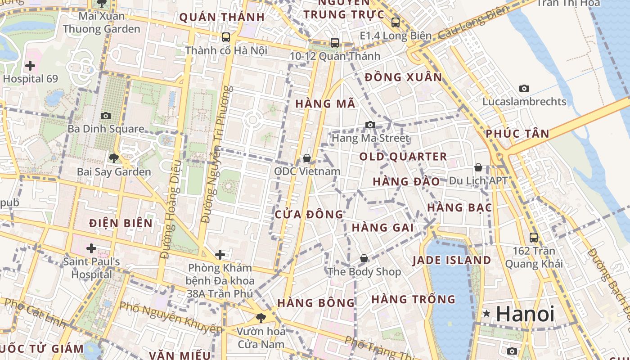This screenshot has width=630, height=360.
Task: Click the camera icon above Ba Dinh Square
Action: [x=106, y=116]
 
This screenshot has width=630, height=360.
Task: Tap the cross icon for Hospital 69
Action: [x=30, y=66]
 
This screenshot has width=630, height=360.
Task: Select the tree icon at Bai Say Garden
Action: [x=113, y=158]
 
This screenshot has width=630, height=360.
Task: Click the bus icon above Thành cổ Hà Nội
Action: [x=226, y=37]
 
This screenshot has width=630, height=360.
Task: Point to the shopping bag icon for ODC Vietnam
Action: [x=307, y=158]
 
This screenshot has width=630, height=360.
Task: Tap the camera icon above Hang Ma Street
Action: [x=370, y=125]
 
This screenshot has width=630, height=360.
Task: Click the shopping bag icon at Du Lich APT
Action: [x=478, y=167]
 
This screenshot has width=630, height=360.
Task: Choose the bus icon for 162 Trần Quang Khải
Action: [x=534, y=237]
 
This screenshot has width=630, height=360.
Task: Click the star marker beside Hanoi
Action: [x=486, y=314]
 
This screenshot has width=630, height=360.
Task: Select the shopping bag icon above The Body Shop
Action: [x=364, y=259]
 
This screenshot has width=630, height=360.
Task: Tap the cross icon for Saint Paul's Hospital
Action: [x=91, y=248]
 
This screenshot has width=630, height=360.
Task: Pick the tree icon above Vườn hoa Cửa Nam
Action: [x=260, y=318]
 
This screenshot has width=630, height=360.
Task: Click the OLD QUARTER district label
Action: [x=403, y=157]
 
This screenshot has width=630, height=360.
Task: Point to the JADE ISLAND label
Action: [x=452, y=260]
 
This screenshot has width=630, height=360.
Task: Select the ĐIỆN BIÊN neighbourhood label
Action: [x=121, y=223]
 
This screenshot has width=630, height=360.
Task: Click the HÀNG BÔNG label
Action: [x=316, y=303]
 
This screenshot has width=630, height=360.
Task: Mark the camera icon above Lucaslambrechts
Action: [x=524, y=88]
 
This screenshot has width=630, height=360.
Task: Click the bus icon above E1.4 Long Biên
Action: [x=396, y=22]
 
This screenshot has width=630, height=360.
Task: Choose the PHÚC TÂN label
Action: [x=517, y=134]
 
